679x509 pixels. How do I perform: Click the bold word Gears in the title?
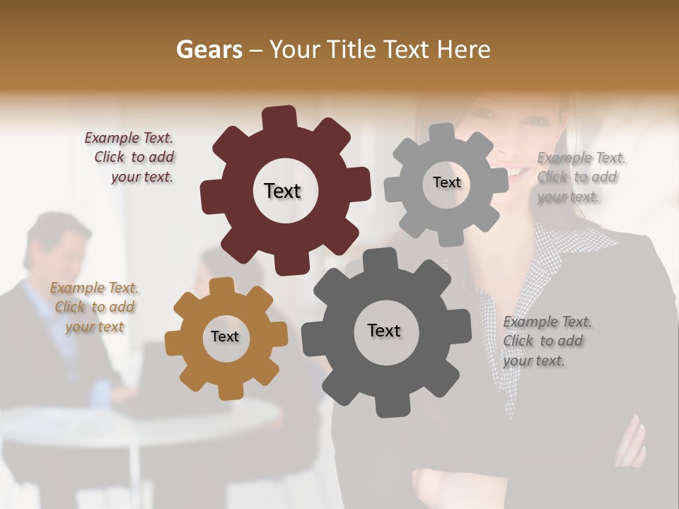209,49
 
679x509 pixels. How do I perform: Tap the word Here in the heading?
463,49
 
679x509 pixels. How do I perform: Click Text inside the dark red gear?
282,191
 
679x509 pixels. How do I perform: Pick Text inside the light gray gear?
446,182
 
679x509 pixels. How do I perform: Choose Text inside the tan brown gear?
225,337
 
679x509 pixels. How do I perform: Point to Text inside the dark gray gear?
384,330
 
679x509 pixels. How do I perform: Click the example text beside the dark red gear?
131,158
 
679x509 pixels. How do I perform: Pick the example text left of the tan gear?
94,308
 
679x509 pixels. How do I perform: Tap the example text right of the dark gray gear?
545,341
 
